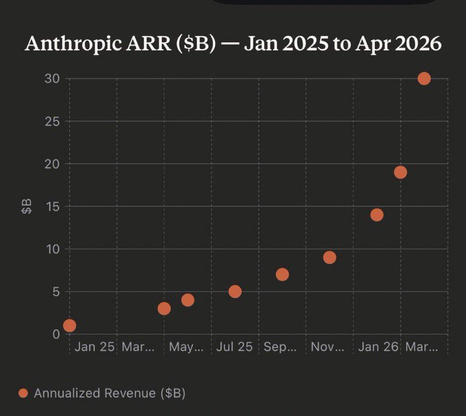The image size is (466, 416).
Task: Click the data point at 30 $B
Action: click(424, 79)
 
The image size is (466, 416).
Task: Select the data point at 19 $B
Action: click(400, 172)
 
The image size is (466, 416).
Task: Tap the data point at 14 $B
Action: click(377, 215)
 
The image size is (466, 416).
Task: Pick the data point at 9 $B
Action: click(330, 257)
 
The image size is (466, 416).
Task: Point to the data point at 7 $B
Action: click(282, 275)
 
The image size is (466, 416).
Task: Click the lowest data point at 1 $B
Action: click(69, 326)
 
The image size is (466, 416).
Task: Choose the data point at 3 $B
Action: click(164, 309)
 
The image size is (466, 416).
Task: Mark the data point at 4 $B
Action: click(188, 300)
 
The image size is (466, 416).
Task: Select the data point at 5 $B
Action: click(235, 291)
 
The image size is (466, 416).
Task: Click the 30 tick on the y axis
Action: click(53, 79)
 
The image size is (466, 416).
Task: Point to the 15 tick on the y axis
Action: click(53, 207)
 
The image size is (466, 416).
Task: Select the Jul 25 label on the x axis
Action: click(234, 347)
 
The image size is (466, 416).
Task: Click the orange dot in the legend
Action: click(24, 393)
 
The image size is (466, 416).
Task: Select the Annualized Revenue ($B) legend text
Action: click(110, 393)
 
